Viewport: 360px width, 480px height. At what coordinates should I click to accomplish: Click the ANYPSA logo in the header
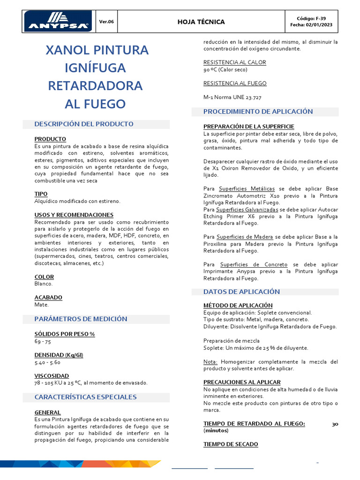point(58,21)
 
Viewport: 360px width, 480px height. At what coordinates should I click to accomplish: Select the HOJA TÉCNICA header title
point(201,22)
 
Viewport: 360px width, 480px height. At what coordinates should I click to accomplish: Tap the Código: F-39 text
point(311,18)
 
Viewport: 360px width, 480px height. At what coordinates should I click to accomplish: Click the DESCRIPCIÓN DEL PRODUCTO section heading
point(84,124)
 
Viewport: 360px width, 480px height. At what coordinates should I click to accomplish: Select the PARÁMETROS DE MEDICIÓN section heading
point(81,319)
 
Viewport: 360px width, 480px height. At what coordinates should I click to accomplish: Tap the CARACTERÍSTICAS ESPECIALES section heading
point(85,397)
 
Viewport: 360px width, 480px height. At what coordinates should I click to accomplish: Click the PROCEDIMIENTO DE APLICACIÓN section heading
point(258,112)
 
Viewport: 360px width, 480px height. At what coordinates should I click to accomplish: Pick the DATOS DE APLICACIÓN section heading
point(241,292)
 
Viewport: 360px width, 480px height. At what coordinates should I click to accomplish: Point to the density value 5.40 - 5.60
point(47,362)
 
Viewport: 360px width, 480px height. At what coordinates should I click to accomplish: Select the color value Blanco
point(44,284)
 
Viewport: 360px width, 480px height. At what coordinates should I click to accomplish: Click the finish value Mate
point(41,304)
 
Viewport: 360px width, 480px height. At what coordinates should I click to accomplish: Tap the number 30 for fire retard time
point(335,424)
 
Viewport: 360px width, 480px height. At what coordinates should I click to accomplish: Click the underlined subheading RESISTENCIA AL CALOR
point(234,62)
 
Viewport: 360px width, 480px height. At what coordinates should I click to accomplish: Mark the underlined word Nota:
point(210,362)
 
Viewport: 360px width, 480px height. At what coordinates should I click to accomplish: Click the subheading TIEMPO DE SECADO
point(231,444)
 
